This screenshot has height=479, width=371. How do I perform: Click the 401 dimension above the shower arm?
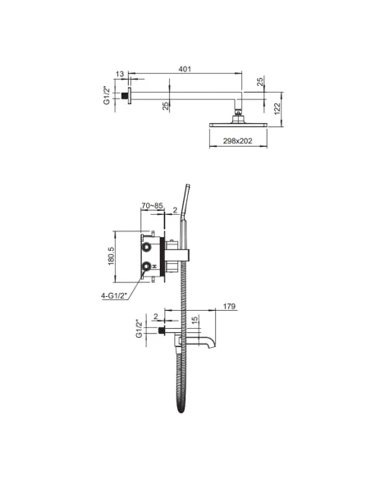tap(185, 69)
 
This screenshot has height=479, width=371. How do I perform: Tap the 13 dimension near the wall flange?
tap(120, 74)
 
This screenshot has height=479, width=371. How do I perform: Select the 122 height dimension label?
tap(277, 109)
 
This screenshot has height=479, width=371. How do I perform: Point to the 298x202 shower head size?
tap(237, 141)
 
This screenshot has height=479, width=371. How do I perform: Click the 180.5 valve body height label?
tap(111, 256)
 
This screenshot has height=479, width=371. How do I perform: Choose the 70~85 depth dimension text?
tap(152, 206)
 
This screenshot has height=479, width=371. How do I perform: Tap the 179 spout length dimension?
tap(229, 306)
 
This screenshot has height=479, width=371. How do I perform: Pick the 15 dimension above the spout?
tap(195, 320)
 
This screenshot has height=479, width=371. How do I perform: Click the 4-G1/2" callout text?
tap(114, 296)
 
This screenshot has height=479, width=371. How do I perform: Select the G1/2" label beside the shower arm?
tap(107, 95)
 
